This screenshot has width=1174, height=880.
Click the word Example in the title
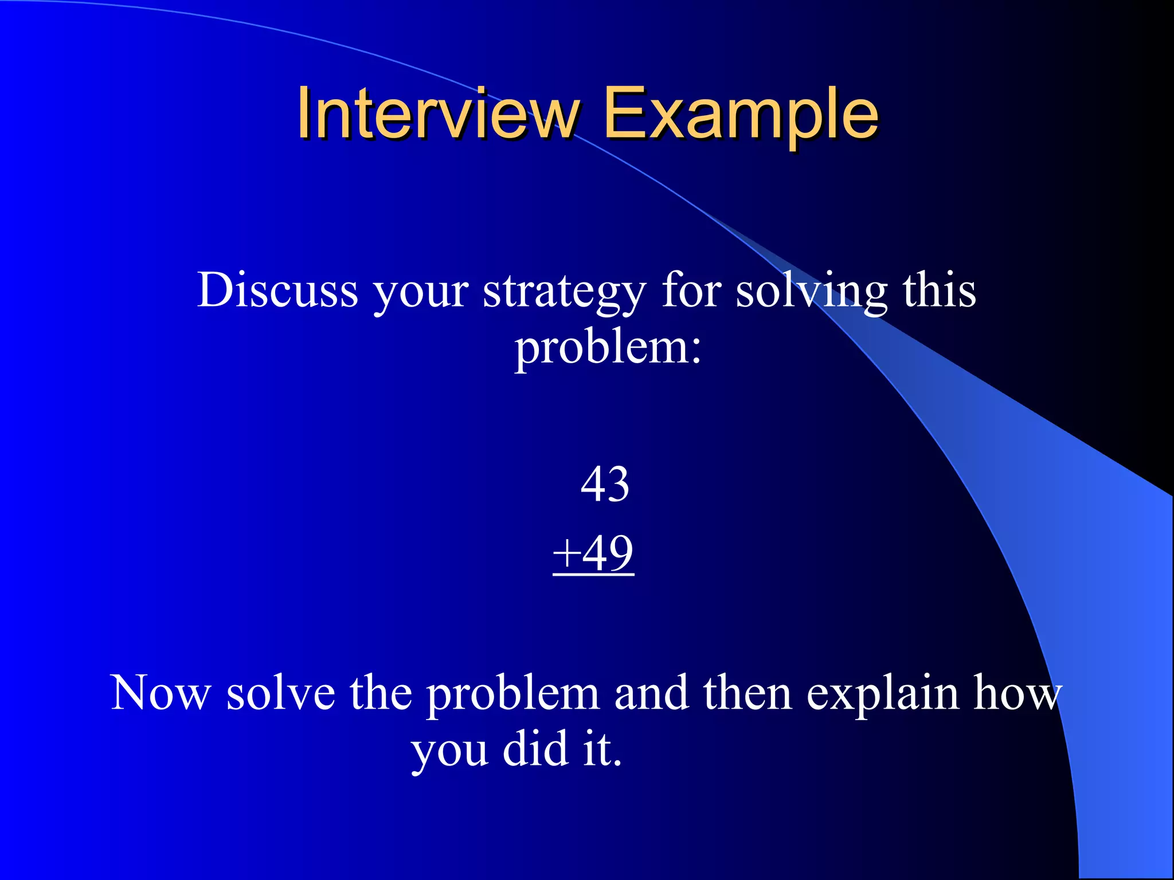coord(740,114)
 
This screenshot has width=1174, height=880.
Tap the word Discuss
coord(277,290)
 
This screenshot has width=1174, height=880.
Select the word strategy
coord(564,292)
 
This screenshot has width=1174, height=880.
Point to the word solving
coord(811,291)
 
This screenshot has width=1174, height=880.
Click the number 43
coord(605,485)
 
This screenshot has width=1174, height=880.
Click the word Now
coord(161,693)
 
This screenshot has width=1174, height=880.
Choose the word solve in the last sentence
coord(280,693)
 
